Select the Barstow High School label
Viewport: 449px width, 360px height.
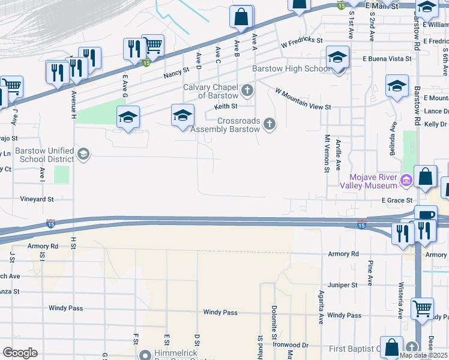(x=290, y=69)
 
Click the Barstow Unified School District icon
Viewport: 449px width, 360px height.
(x=83, y=155)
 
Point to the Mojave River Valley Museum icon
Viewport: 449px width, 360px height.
(x=406, y=179)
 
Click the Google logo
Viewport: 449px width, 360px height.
(x=20, y=353)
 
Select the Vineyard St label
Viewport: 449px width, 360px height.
(x=37, y=199)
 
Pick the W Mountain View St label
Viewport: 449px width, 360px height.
(x=303, y=99)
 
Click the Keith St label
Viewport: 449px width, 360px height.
(x=226, y=107)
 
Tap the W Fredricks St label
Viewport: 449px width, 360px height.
(x=302, y=43)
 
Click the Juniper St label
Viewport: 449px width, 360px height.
(x=343, y=285)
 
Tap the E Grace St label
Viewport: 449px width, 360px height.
(x=396, y=200)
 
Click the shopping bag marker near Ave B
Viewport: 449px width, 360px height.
(x=241, y=18)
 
